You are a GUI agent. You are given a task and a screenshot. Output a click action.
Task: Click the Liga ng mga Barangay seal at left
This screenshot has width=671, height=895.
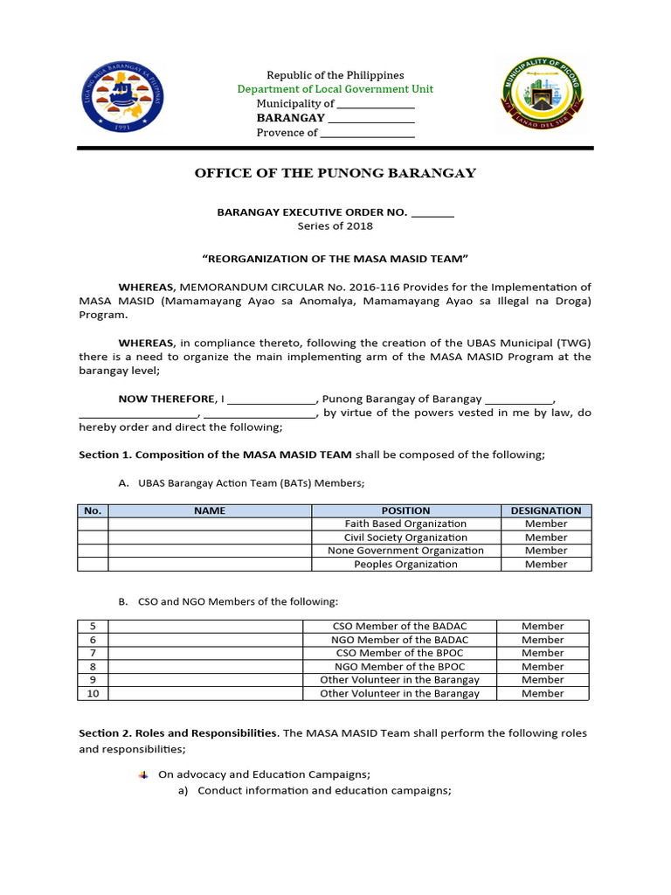(122, 96)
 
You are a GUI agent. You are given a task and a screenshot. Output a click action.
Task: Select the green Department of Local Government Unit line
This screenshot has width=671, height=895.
(335, 89)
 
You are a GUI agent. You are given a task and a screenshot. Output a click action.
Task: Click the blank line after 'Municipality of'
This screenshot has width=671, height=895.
(376, 105)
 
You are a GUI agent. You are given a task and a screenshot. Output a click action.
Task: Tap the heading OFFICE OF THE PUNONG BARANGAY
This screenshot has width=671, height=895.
(335, 173)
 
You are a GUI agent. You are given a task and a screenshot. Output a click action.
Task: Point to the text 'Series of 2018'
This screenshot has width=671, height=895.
(335, 226)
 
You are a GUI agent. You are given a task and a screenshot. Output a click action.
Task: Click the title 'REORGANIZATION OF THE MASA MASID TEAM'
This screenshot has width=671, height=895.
(335, 260)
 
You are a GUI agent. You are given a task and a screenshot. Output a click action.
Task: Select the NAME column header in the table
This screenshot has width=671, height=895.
(210, 510)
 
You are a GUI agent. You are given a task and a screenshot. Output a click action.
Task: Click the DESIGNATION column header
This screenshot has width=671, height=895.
(546, 510)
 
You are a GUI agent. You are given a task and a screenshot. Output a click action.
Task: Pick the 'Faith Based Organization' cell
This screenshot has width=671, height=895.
(405, 524)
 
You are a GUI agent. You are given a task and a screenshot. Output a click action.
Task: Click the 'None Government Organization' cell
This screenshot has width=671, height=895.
(405, 551)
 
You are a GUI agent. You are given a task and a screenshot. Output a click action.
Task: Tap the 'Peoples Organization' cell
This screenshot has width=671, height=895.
(405, 565)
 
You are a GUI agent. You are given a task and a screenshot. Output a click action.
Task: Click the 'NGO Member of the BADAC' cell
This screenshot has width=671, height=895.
(399, 640)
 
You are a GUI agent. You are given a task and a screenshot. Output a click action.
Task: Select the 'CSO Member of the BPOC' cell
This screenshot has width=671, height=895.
(399, 653)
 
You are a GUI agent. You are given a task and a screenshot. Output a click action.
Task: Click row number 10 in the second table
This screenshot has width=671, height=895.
(93, 694)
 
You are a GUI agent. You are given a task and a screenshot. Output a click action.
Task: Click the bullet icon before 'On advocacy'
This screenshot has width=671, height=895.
(144, 774)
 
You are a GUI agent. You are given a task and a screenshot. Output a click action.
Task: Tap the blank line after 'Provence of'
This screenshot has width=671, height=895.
(367, 134)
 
